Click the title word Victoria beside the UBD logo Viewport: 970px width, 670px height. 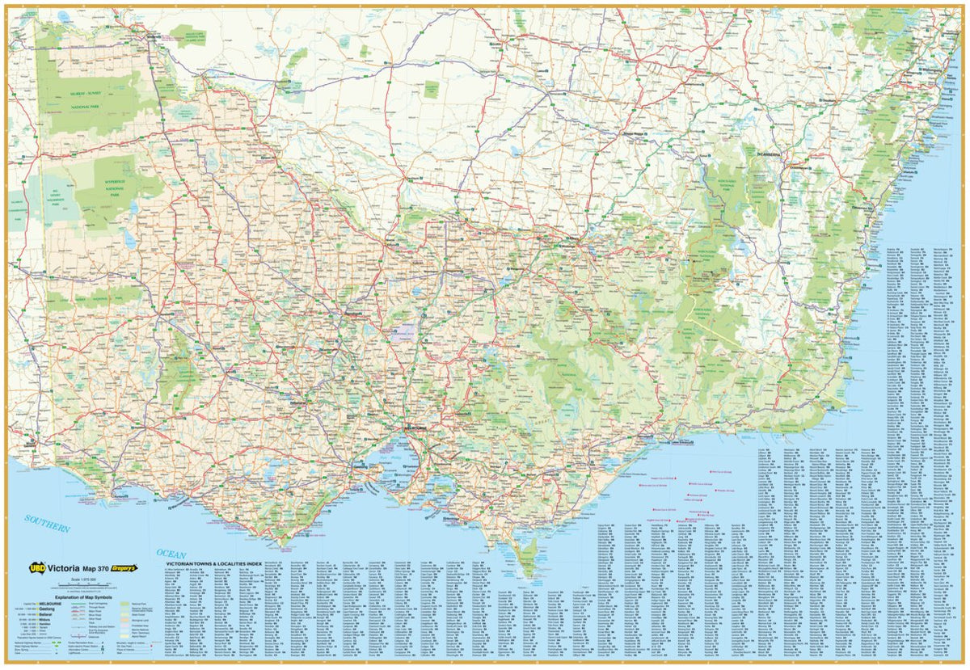click(x=64, y=568)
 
